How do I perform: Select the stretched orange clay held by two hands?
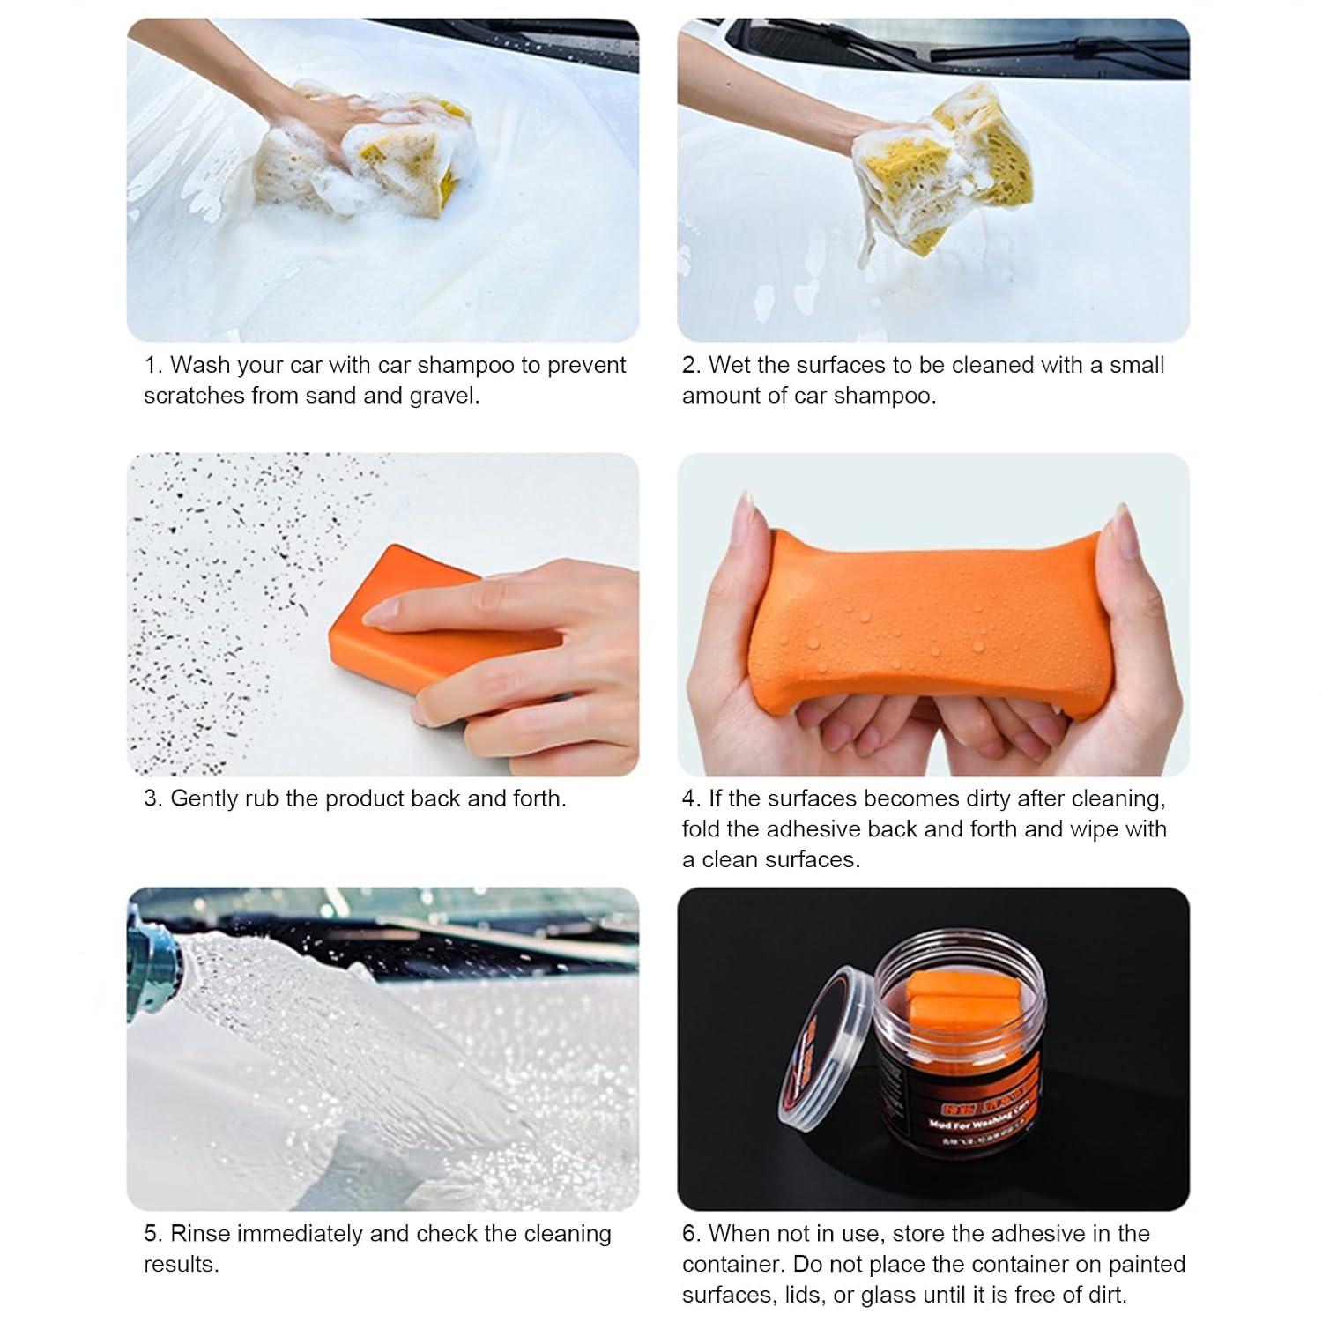[x=934, y=617]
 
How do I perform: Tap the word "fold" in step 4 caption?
[x=702, y=828]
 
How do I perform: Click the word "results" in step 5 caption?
[x=180, y=1264]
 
